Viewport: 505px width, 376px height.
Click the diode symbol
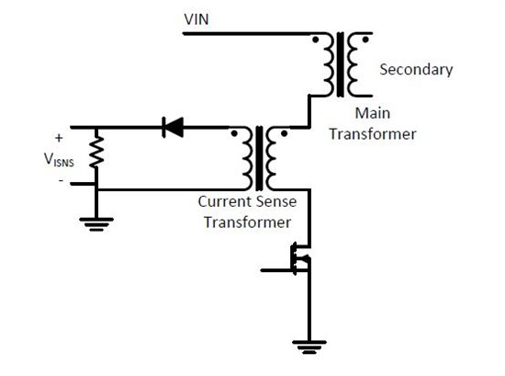pos(172,128)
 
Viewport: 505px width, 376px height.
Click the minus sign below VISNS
pos(62,180)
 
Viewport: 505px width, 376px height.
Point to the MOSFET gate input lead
pos(273,270)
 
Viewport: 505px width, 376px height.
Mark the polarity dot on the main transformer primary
pos(318,40)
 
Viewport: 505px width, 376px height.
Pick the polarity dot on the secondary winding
pos(366,40)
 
